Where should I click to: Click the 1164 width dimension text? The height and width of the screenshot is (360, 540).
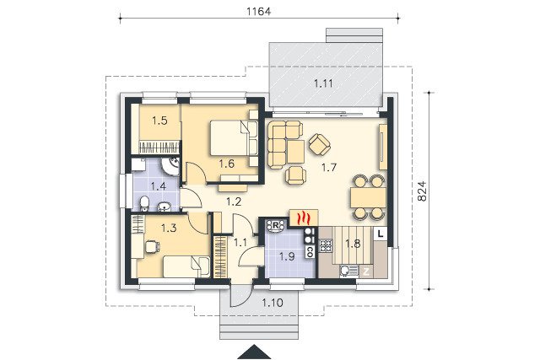coord(259,11)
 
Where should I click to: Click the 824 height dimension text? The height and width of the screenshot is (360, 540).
coord(422,191)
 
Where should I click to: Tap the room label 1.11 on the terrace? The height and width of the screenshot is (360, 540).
coord(323,83)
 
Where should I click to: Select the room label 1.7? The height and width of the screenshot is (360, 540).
coord(328,168)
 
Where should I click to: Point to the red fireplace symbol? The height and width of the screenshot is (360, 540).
coord(304,218)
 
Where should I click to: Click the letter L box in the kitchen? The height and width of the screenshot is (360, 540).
coord(381,234)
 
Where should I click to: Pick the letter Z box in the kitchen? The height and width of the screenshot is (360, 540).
coord(366,271)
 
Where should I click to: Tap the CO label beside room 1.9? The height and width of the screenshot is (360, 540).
coord(310,252)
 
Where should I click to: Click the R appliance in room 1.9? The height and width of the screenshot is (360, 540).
coord(276,226)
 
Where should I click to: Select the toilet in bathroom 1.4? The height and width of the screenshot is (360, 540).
coord(144,204)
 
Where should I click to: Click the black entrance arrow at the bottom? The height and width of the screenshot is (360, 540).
coord(254,352)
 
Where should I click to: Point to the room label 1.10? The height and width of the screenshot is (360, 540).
coord(273,303)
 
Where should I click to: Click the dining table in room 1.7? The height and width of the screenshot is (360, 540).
coord(368,197)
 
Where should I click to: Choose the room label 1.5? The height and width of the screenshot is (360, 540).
coord(159,121)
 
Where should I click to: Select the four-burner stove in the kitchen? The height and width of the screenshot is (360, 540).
coord(326,245)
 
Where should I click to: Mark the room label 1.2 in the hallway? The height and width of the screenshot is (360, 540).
coord(234,201)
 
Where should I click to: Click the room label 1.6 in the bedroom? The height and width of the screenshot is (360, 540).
coord(227,164)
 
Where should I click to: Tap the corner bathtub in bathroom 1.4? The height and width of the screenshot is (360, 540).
coord(170,166)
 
